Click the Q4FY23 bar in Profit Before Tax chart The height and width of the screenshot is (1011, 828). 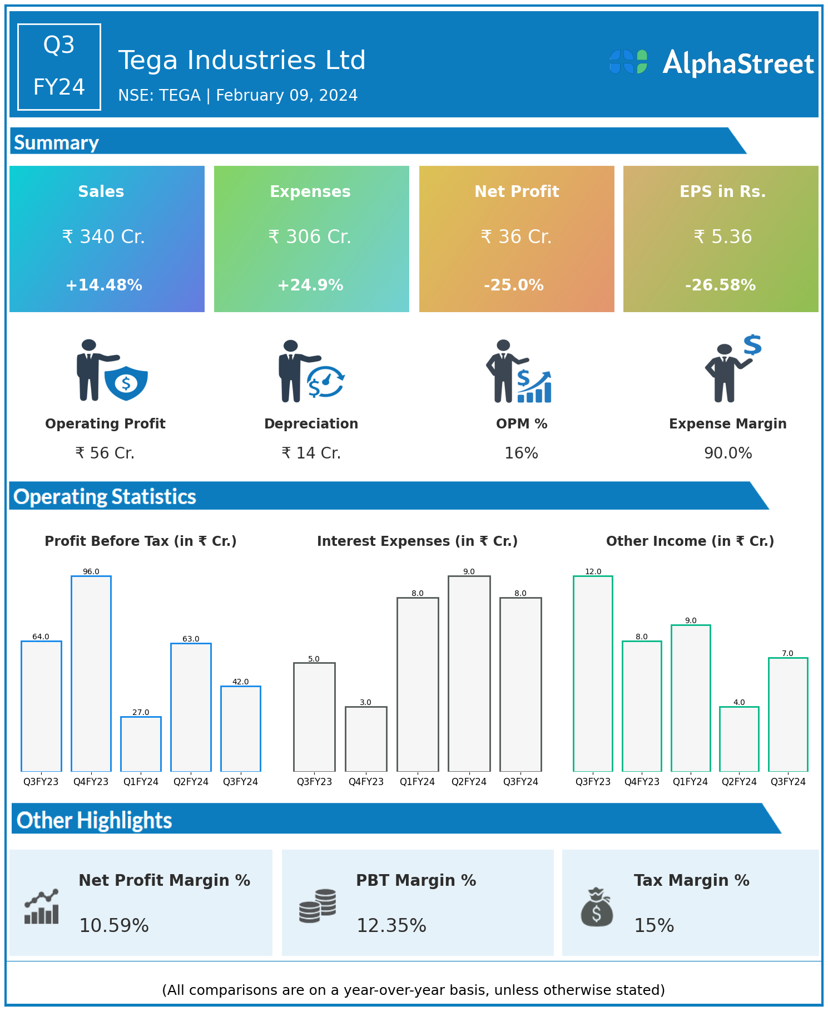pos(91,673)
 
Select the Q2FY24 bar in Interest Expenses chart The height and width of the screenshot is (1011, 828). pos(469,673)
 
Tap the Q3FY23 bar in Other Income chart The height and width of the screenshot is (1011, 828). pos(593,673)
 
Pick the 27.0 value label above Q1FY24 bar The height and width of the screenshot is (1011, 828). pos(141,712)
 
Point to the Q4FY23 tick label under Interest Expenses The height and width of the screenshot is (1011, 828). pos(366,782)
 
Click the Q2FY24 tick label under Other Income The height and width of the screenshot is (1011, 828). pos(739,782)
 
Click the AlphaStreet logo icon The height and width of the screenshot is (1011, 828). pos(628,62)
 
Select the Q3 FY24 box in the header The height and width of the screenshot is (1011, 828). pos(59,67)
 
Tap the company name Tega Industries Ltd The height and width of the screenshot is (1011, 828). pos(242,60)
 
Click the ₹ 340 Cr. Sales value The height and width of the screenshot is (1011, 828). pos(103,237)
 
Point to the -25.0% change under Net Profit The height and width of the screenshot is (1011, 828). pos(514,285)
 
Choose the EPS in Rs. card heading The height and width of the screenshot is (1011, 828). pos(722,191)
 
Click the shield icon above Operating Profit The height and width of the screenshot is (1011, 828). pos(126,383)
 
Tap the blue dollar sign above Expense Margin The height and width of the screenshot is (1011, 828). pos(752,345)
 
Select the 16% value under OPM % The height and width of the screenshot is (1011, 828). pos(521,453)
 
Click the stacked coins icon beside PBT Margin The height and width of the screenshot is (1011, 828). pos(318,906)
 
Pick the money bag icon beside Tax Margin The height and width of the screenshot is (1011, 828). pos(597,907)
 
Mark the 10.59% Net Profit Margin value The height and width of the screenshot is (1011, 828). pos(114,925)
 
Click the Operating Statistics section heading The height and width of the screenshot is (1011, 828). pos(105,496)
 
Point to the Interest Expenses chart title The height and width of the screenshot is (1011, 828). pos(417,541)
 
